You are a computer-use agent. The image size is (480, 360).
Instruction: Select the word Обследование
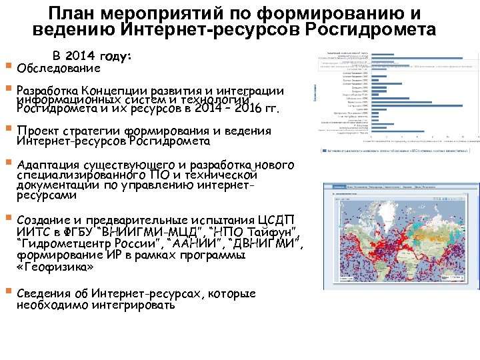[x=59, y=68]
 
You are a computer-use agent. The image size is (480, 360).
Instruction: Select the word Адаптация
[x=49, y=165]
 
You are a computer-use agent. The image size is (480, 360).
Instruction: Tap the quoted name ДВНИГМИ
[x=263, y=243]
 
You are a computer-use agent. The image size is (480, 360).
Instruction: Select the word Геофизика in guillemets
[x=56, y=267]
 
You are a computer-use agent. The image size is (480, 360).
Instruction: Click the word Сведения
[x=45, y=294]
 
